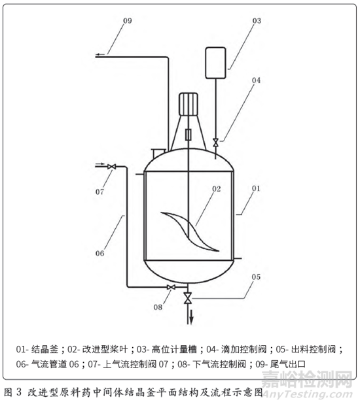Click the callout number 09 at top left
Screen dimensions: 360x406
point(127,21)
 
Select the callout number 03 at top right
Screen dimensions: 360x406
point(257,21)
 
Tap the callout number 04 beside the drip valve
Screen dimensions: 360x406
point(256,80)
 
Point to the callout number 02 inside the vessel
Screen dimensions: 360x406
point(217,189)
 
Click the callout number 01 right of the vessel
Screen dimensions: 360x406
point(256,188)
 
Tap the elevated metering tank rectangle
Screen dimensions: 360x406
point(215,63)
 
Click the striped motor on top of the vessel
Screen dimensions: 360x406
point(189,104)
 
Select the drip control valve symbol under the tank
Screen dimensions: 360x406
point(215,142)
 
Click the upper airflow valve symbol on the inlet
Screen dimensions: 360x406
point(112,167)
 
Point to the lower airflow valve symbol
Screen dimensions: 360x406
point(171,287)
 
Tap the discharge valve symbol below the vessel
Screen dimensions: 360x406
point(188,298)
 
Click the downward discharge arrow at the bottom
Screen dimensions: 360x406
point(191,316)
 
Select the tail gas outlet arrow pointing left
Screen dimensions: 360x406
point(100,54)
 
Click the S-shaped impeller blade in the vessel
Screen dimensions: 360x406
point(190,231)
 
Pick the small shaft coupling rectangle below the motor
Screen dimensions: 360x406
point(189,135)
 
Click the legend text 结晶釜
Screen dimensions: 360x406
point(45,349)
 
